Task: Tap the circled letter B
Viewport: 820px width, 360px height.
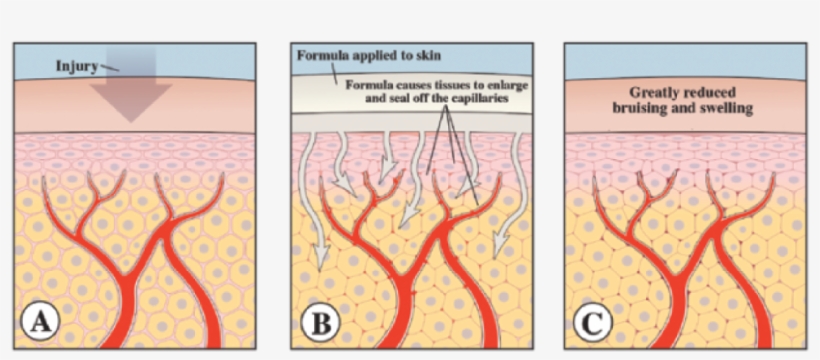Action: (319, 321)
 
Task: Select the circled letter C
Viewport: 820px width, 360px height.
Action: (593, 321)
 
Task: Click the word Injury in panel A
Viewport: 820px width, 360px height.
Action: (79, 66)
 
